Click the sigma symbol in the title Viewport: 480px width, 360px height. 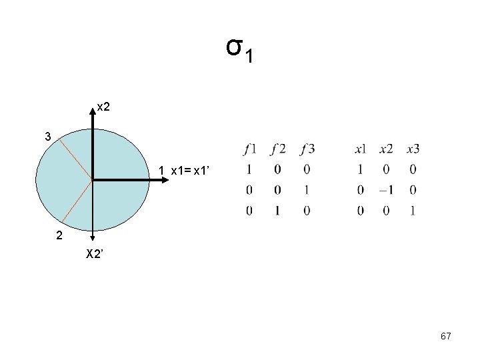(233, 48)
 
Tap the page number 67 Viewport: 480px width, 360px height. (446, 337)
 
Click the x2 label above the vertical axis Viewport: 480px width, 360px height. (104, 106)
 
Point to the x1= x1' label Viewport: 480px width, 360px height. (191, 171)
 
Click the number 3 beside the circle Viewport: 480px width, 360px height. (48, 137)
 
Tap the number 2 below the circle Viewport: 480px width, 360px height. (59, 235)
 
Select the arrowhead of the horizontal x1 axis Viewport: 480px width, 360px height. (151, 179)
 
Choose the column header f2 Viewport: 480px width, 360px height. (278, 149)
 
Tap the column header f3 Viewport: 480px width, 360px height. (307, 149)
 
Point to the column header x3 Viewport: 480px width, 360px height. (413, 149)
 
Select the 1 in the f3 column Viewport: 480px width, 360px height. (306, 191)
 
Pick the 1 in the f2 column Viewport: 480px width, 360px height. (277, 211)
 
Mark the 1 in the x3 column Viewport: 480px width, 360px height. (413, 211)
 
